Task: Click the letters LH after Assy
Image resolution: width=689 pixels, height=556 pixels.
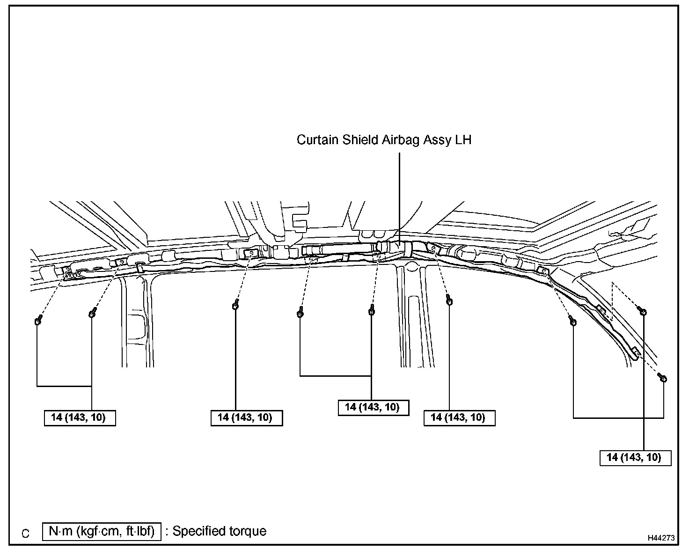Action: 463,140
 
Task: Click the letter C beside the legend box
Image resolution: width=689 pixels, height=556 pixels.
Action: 26,534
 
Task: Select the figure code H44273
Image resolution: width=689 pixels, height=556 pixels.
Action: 661,538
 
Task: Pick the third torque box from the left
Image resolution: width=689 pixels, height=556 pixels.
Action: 373,407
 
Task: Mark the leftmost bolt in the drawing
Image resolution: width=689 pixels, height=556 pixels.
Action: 38,321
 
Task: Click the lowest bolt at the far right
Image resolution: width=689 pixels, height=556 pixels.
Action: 662,378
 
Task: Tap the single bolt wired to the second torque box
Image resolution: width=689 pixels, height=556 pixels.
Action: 235,306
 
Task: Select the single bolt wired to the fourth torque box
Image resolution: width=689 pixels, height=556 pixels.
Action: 449,301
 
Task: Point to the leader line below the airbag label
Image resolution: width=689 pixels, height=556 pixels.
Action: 399,197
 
